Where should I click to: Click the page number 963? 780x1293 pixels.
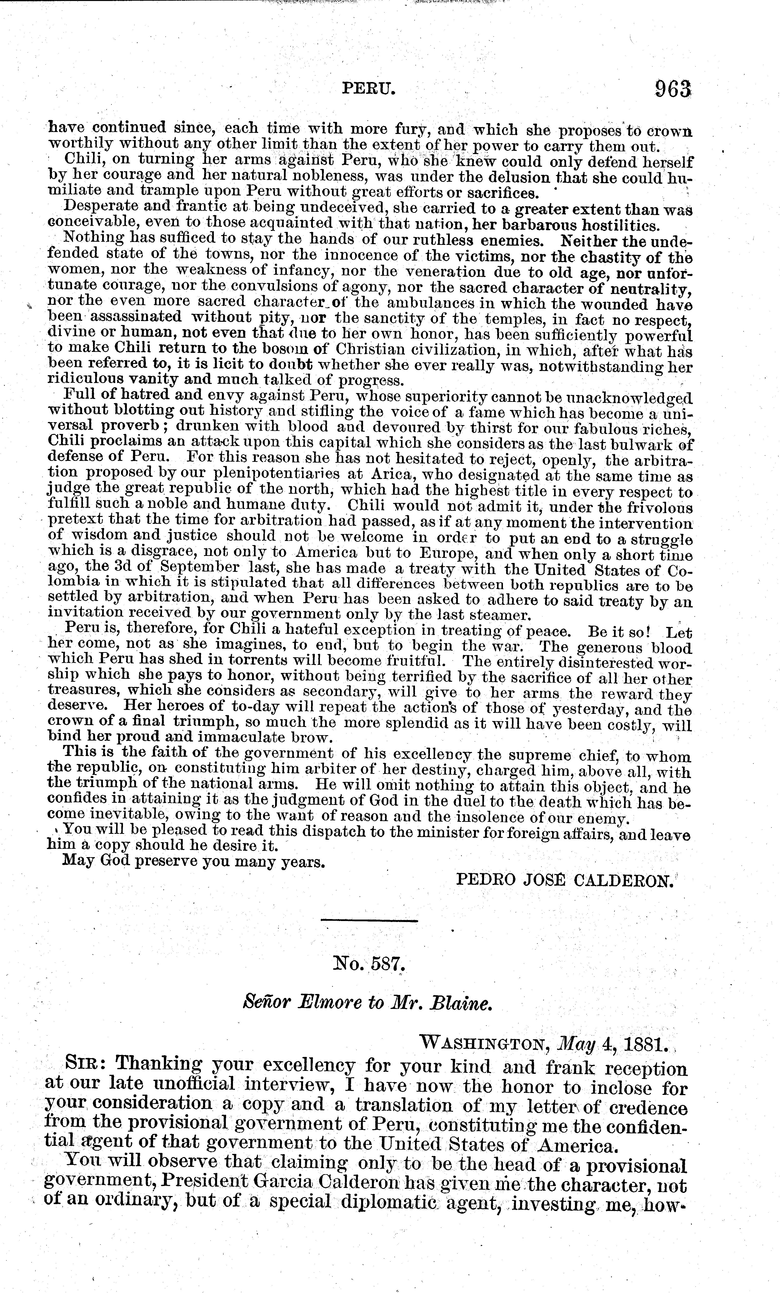672,89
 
